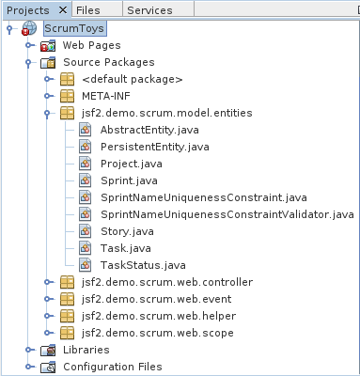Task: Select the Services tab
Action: coord(149,9)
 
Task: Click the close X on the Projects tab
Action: coord(62,9)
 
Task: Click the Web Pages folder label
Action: coord(91,45)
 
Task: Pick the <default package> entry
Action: coord(132,79)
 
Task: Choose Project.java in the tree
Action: coord(132,164)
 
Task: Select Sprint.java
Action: coord(128,180)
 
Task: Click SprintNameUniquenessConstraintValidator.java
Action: coord(227,214)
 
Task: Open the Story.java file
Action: coord(126,231)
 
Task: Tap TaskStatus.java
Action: coord(142,265)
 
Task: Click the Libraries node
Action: coord(86,350)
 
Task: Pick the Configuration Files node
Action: coord(112,367)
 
